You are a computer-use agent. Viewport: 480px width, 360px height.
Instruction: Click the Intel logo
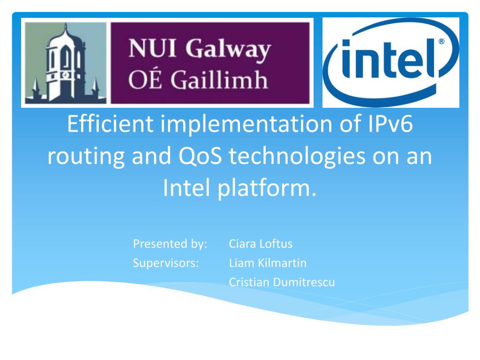[x=390, y=62]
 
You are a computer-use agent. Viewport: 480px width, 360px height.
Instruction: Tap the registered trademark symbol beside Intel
[x=442, y=42]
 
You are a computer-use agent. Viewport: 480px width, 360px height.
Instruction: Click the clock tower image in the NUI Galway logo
[x=65, y=64]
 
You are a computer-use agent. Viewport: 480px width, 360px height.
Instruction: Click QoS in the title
[x=200, y=157]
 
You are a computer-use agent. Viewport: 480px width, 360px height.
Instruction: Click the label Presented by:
[x=170, y=244]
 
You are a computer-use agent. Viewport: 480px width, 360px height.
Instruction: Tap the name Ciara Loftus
[x=261, y=244]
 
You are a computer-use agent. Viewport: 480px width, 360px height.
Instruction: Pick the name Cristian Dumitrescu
[x=282, y=283]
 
